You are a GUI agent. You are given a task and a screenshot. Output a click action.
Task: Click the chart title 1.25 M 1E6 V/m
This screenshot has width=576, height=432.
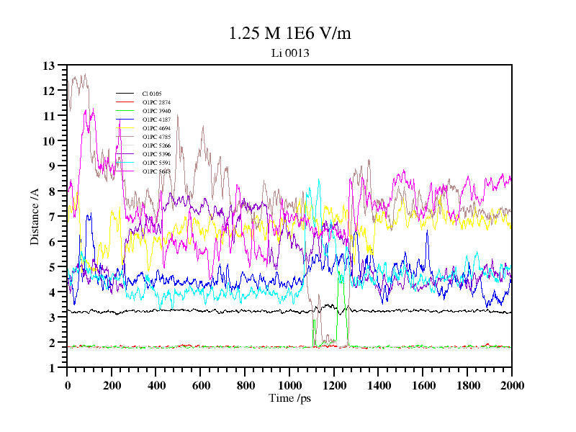coord(289,33)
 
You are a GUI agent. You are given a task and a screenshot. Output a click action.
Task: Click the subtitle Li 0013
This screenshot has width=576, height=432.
coord(289,53)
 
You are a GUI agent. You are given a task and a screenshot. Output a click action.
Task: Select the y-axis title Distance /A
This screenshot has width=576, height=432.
coord(35,216)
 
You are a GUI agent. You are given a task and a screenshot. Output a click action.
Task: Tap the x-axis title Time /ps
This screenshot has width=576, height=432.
coord(289,398)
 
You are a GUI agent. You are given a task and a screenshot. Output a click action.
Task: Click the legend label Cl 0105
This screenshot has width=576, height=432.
coord(152,94)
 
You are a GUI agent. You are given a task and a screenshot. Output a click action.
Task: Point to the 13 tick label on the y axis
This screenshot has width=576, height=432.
coord(49,66)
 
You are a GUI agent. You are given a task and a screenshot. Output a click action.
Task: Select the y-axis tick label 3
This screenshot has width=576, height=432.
coord(52,318)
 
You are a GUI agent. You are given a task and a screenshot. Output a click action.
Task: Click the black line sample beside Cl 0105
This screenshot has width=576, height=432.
coord(125,94)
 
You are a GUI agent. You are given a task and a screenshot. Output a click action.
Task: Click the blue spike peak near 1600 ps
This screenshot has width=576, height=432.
coord(427,231)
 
